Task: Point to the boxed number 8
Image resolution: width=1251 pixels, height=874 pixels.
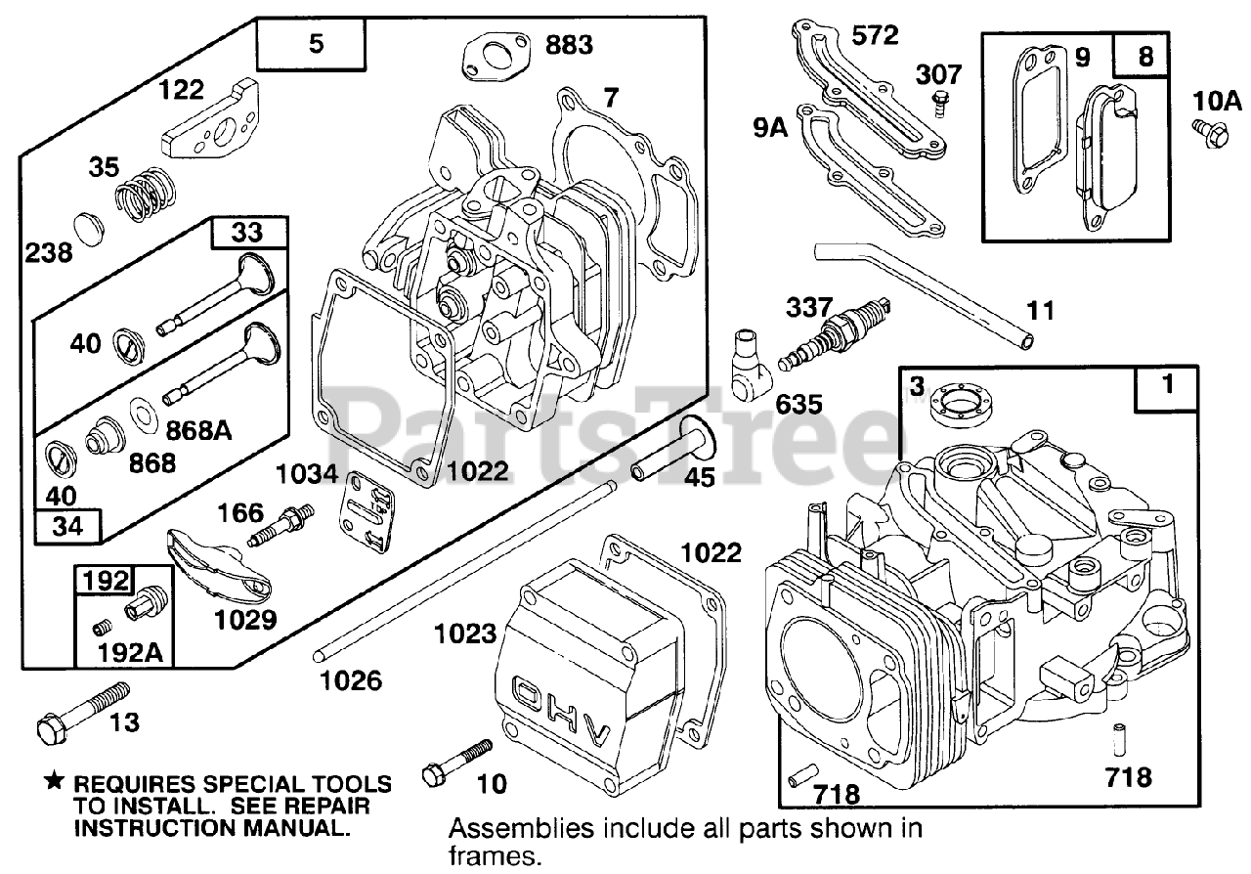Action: pyautogui.click(x=1146, y=57)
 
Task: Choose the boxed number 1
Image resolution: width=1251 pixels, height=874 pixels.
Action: pyautogui.click(x=1166, y=386)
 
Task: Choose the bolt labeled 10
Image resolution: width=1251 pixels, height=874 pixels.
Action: pyautogui.click(x=455, y=764)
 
